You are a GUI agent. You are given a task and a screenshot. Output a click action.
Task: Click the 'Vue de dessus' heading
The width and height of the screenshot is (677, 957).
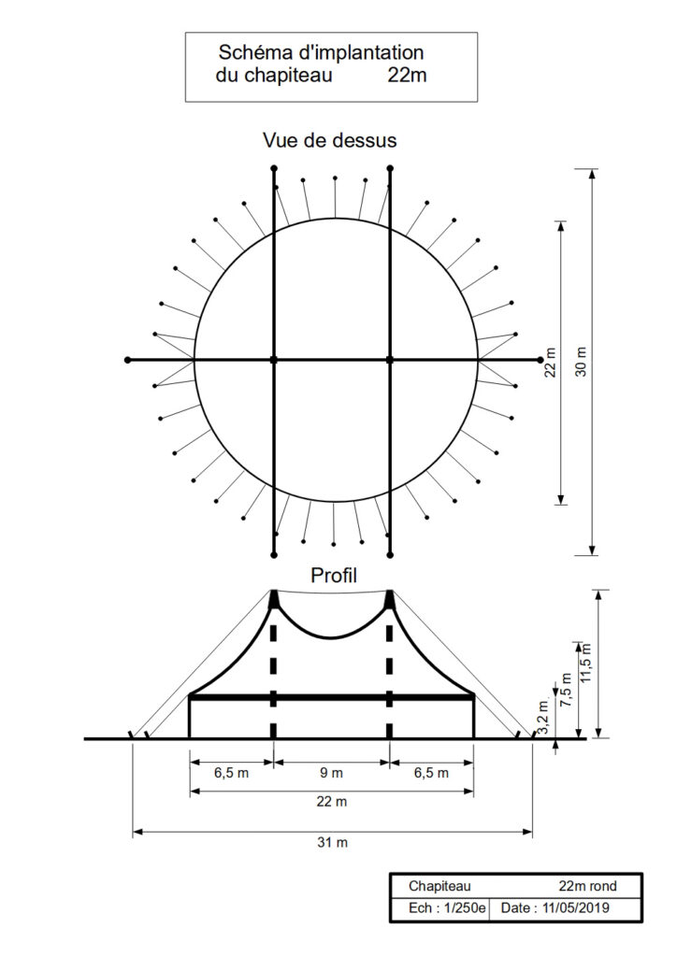pyautogui.click(x=329, y=140)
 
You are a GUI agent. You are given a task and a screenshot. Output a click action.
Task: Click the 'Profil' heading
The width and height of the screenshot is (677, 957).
pyautogui.click(x=333, y=574)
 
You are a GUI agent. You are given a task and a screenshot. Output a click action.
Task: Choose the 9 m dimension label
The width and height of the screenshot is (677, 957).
pyautogui.click(x=332, y=773)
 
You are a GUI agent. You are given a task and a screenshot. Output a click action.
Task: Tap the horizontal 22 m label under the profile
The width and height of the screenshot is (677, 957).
pyautogui.click(x=332, y=802)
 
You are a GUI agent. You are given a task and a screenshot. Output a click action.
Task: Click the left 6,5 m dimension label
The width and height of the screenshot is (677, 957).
pyautogui.click(x=231, y=773)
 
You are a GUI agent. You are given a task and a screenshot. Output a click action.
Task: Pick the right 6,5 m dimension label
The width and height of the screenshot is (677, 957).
pyautogui.click(x=431, y=773)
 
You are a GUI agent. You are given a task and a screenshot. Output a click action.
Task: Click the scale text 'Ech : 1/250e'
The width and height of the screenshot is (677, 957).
pyautogui.click(x=447, y=907)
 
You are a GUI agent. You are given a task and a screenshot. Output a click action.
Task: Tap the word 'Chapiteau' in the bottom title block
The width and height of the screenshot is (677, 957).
pyautogui.click(x=439, y=885)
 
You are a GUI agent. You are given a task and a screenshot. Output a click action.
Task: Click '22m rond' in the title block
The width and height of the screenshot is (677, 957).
pyautogui.click(x=587, y=885)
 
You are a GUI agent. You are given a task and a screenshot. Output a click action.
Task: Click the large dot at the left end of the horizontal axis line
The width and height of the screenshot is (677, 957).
pyautogui.click(x=127, y=360)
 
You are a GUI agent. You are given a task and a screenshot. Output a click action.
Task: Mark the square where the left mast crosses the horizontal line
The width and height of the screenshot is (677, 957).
pyautogui.click(x=274, y=360)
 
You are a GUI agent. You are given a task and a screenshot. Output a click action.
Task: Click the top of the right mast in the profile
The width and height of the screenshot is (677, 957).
pyautogui.click(x=390, y=593)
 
